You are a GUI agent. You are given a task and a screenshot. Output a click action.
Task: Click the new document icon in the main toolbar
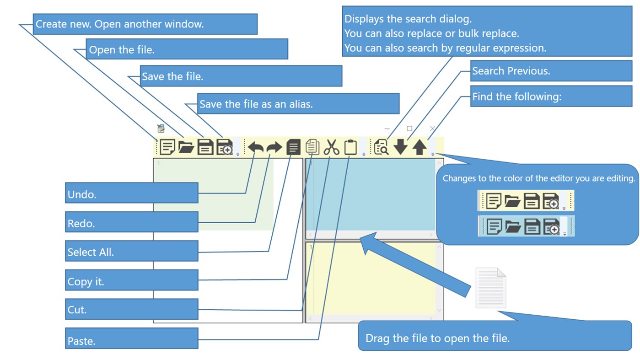click(x=167, y=147)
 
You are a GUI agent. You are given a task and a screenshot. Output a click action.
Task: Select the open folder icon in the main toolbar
click(x=186, y=147)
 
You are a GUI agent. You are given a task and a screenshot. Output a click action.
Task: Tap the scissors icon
click(x=331, y=147)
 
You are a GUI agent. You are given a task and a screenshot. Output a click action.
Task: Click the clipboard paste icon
click(x=350, y=147)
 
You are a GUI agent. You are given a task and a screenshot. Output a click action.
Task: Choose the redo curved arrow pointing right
click(x=274, y=147)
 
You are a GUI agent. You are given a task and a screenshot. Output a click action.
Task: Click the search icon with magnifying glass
click(x=381, y=147)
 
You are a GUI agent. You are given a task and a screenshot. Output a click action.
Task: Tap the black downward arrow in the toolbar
click(x=401, y=147)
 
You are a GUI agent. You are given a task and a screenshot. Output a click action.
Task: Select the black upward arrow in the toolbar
click(x=420, y=147)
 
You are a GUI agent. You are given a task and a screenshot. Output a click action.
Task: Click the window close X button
click(x=432, y=129)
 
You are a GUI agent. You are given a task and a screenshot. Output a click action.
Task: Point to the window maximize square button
click(x=409, y=129)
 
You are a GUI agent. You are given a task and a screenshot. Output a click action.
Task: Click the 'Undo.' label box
click(x=132, y=193)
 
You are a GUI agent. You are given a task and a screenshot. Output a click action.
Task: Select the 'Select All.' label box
click(x=132, y=251)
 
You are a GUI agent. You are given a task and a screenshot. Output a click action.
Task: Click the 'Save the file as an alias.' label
click(x=298, y=104)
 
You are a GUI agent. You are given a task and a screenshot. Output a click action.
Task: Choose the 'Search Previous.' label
click(x=551, y=70)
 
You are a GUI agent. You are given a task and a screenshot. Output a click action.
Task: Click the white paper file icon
click(x=491, y=288)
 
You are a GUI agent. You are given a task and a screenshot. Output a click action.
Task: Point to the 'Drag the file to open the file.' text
click(x=437, y=339)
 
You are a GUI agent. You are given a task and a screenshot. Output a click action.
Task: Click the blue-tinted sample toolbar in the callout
click(x=526, y=226)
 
